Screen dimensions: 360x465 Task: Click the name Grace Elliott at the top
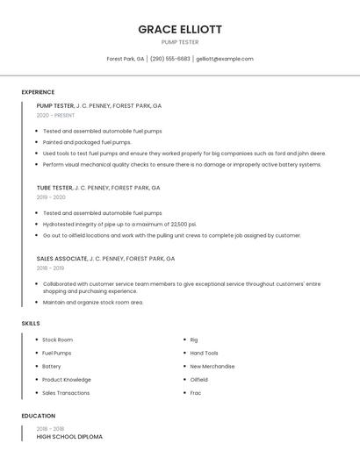click(x=180, y=29)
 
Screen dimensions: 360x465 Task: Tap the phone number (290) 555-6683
click(x=169, y=59)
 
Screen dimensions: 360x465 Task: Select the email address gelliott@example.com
click(x=225, y=59)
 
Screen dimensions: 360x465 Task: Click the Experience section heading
click(x=38, y=92)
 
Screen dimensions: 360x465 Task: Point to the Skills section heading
click(x=31, y=324)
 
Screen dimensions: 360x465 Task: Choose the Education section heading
click(x=38, y=416)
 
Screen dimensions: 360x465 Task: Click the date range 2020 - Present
click(x=55, y=115)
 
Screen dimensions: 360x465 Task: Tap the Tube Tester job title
click(x=54, y=188)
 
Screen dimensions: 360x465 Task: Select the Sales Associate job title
click(x=62, y=259)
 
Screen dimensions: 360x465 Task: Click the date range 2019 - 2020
click(x=52, y=197)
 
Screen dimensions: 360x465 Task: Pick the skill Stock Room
click(x=57, y=340)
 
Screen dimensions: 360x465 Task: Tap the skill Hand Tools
click(x=205, y=353)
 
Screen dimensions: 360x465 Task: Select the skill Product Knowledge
click(x=67, y=380)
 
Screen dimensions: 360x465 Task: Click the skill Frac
click(x=196, y=393)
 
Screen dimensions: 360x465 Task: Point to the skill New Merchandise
click(x=212, y=366)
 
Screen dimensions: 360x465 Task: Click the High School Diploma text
click(x=69, y=436)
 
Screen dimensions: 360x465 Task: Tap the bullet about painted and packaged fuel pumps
click(x=87, y=141)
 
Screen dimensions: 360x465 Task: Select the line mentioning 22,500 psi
click(x=119, y=224)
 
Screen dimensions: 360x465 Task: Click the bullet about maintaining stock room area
click(x=93, y=302)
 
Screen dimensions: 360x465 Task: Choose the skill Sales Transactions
click(x=66, y=393)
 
